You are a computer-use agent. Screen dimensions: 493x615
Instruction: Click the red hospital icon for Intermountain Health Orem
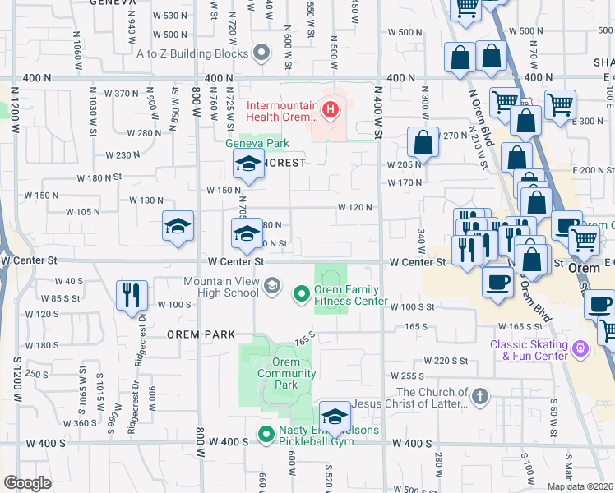331,108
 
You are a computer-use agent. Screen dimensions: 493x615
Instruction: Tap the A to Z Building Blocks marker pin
262,53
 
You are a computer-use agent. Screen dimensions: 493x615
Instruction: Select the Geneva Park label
253,141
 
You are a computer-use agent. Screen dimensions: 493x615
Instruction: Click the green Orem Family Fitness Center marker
301,292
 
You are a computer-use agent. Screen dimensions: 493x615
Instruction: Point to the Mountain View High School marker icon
273,286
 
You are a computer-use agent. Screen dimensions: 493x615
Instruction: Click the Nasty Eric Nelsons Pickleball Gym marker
266,434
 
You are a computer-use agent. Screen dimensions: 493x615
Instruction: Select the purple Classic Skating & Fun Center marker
581,348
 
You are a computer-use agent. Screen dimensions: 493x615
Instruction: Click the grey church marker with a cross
480,397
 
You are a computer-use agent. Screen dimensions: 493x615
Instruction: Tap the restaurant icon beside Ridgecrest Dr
132,295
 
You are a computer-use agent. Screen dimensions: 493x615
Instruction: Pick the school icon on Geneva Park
247,165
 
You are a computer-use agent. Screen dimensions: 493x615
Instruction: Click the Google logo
28,482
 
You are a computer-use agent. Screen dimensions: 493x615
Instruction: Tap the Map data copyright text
579,486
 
